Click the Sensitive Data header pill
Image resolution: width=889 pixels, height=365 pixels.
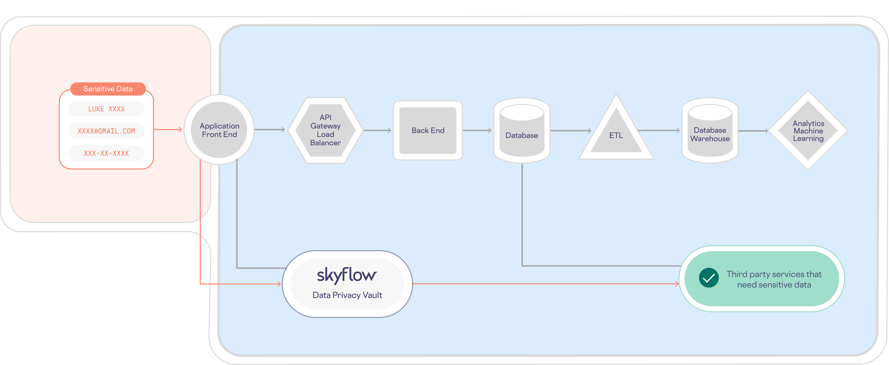tap(108, 89)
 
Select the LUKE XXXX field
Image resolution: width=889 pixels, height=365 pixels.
tap(106, 109)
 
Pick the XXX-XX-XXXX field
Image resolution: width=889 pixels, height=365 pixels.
tap(106, 153)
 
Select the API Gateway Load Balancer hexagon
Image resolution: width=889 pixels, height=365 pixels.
tap(325, 130)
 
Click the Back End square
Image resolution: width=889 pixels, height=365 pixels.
tap(428, 131)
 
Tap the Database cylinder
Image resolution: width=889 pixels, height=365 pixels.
tap(521, 133)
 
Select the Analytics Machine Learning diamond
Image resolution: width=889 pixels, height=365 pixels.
tap(808, 131)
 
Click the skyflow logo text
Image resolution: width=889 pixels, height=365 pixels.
tap(347, 275)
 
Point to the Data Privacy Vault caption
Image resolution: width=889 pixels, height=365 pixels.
tap(347, 295)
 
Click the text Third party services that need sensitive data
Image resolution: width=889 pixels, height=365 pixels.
tap(774, 279)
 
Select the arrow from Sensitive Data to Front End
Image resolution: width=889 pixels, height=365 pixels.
tap(167, 130)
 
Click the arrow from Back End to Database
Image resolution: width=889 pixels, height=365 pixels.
tap(477, 131)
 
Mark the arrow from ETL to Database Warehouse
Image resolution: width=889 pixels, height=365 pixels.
tap(659, 131)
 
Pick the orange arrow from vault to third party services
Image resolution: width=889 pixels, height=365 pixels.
tap(545, 284)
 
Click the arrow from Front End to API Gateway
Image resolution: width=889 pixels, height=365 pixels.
tap(269, 130)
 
